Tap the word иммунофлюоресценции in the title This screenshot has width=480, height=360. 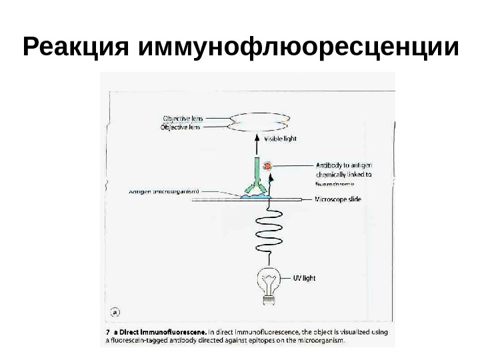coord(299,48)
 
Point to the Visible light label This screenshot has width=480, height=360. coord(280,140)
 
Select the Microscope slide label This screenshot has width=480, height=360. coord(337,199)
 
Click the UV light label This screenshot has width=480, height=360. coord(304,278)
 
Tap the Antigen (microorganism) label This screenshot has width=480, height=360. coord(164,192)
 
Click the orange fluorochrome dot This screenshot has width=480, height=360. coord(268,165)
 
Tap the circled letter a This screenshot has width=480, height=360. coord(114,311)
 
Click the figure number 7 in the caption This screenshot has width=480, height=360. coord(108,331)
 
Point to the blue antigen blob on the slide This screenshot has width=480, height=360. coord(253,195)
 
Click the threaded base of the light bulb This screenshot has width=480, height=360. coord(269,301)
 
